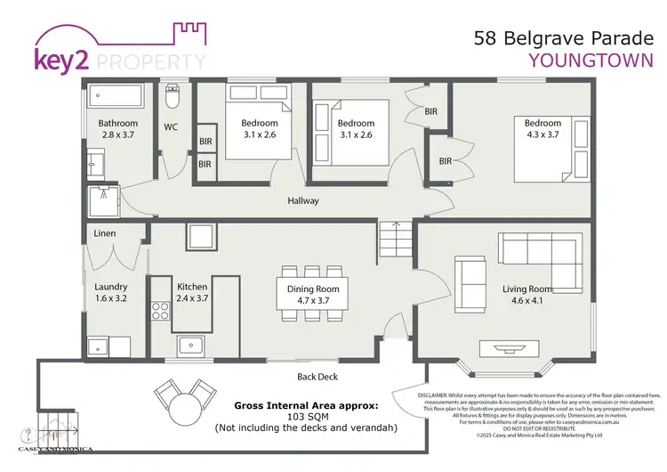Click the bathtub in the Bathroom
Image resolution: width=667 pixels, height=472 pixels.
pos(116,94)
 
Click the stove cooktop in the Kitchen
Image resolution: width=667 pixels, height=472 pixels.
pos(161,311)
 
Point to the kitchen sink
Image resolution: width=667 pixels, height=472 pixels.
pos(190,346)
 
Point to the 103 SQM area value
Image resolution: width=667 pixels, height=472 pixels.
pos(305,416)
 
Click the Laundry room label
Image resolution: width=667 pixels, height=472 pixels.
pos(111,287)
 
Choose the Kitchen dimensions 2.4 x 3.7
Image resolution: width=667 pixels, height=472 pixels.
pos(192,298)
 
